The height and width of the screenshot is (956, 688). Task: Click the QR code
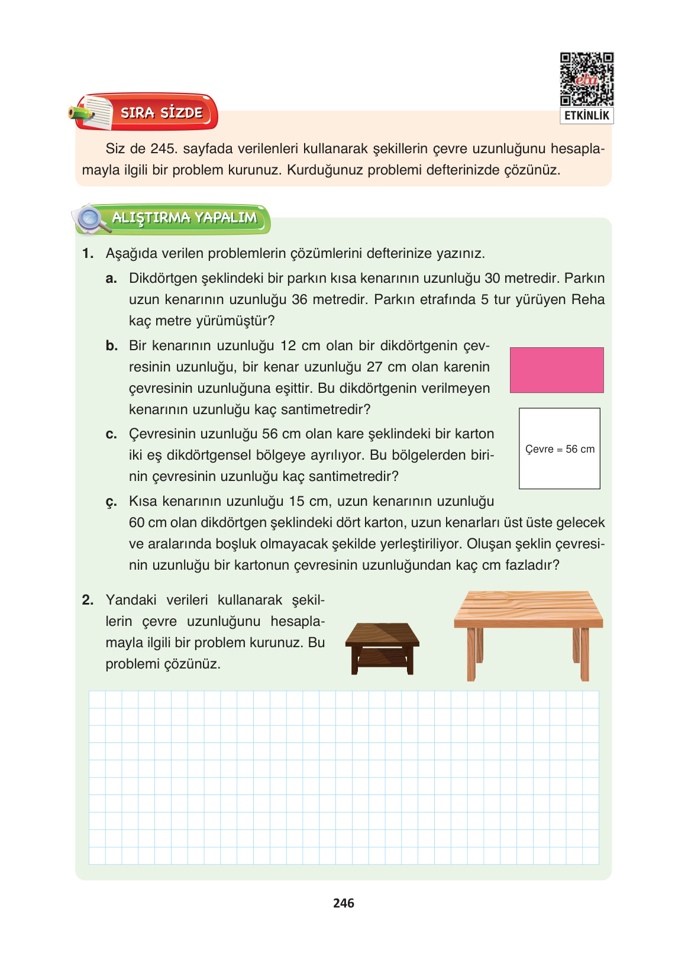[586, 79]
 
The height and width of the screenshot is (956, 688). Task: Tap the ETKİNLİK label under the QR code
[586, 115]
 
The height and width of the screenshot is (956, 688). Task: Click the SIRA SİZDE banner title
[161, 112]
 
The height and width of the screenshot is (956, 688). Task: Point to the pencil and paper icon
[92, 112]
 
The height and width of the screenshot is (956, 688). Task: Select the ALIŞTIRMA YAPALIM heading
[184, 218]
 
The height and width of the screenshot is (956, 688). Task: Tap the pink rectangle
[556, 370]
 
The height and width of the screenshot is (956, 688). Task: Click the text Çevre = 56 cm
[560, 449]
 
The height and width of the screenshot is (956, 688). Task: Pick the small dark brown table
[382, 648]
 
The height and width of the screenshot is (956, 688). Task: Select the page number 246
[343, 903]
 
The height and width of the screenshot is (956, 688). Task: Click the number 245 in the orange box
[162, 148]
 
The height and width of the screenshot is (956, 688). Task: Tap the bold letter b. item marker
[112, 345]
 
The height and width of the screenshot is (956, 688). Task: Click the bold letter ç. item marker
[111, 502]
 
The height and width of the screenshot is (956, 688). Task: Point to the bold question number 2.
[88, 600]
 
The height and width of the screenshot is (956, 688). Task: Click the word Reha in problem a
[587, 299]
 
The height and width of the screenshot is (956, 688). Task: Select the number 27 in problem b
[374, 367]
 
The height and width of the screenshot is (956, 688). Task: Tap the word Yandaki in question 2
[131, 600]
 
